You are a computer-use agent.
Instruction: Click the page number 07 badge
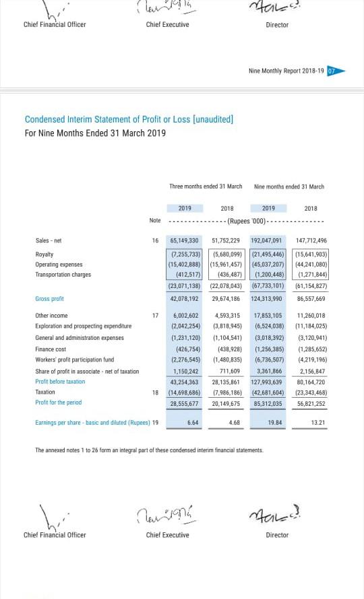331,71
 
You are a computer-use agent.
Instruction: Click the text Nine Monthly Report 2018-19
286,71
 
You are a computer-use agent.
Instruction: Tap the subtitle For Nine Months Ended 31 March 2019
95,133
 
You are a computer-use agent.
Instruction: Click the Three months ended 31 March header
206,186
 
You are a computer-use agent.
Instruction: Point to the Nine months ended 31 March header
289,186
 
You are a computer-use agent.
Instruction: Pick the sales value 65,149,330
185,240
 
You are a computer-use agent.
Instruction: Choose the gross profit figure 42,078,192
185,298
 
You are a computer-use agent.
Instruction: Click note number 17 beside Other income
155,315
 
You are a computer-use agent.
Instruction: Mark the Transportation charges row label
63,275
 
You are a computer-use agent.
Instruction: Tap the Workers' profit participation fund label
74,360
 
